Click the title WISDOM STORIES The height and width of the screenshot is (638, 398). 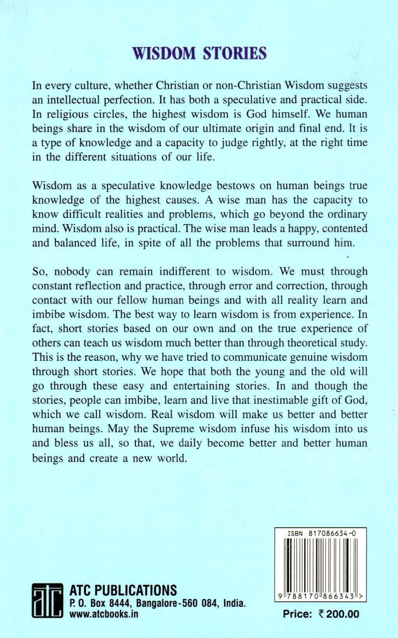click(200, 53)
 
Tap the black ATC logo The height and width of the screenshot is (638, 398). click(47, 600)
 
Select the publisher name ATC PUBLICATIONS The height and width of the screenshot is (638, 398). click(123, 591)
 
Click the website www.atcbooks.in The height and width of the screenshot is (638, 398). click(104, 614)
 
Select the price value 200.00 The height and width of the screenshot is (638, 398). click(342, 614)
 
